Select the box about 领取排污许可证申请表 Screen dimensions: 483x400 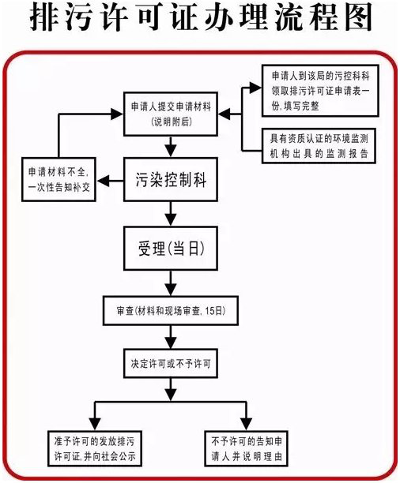coord(322,88)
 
